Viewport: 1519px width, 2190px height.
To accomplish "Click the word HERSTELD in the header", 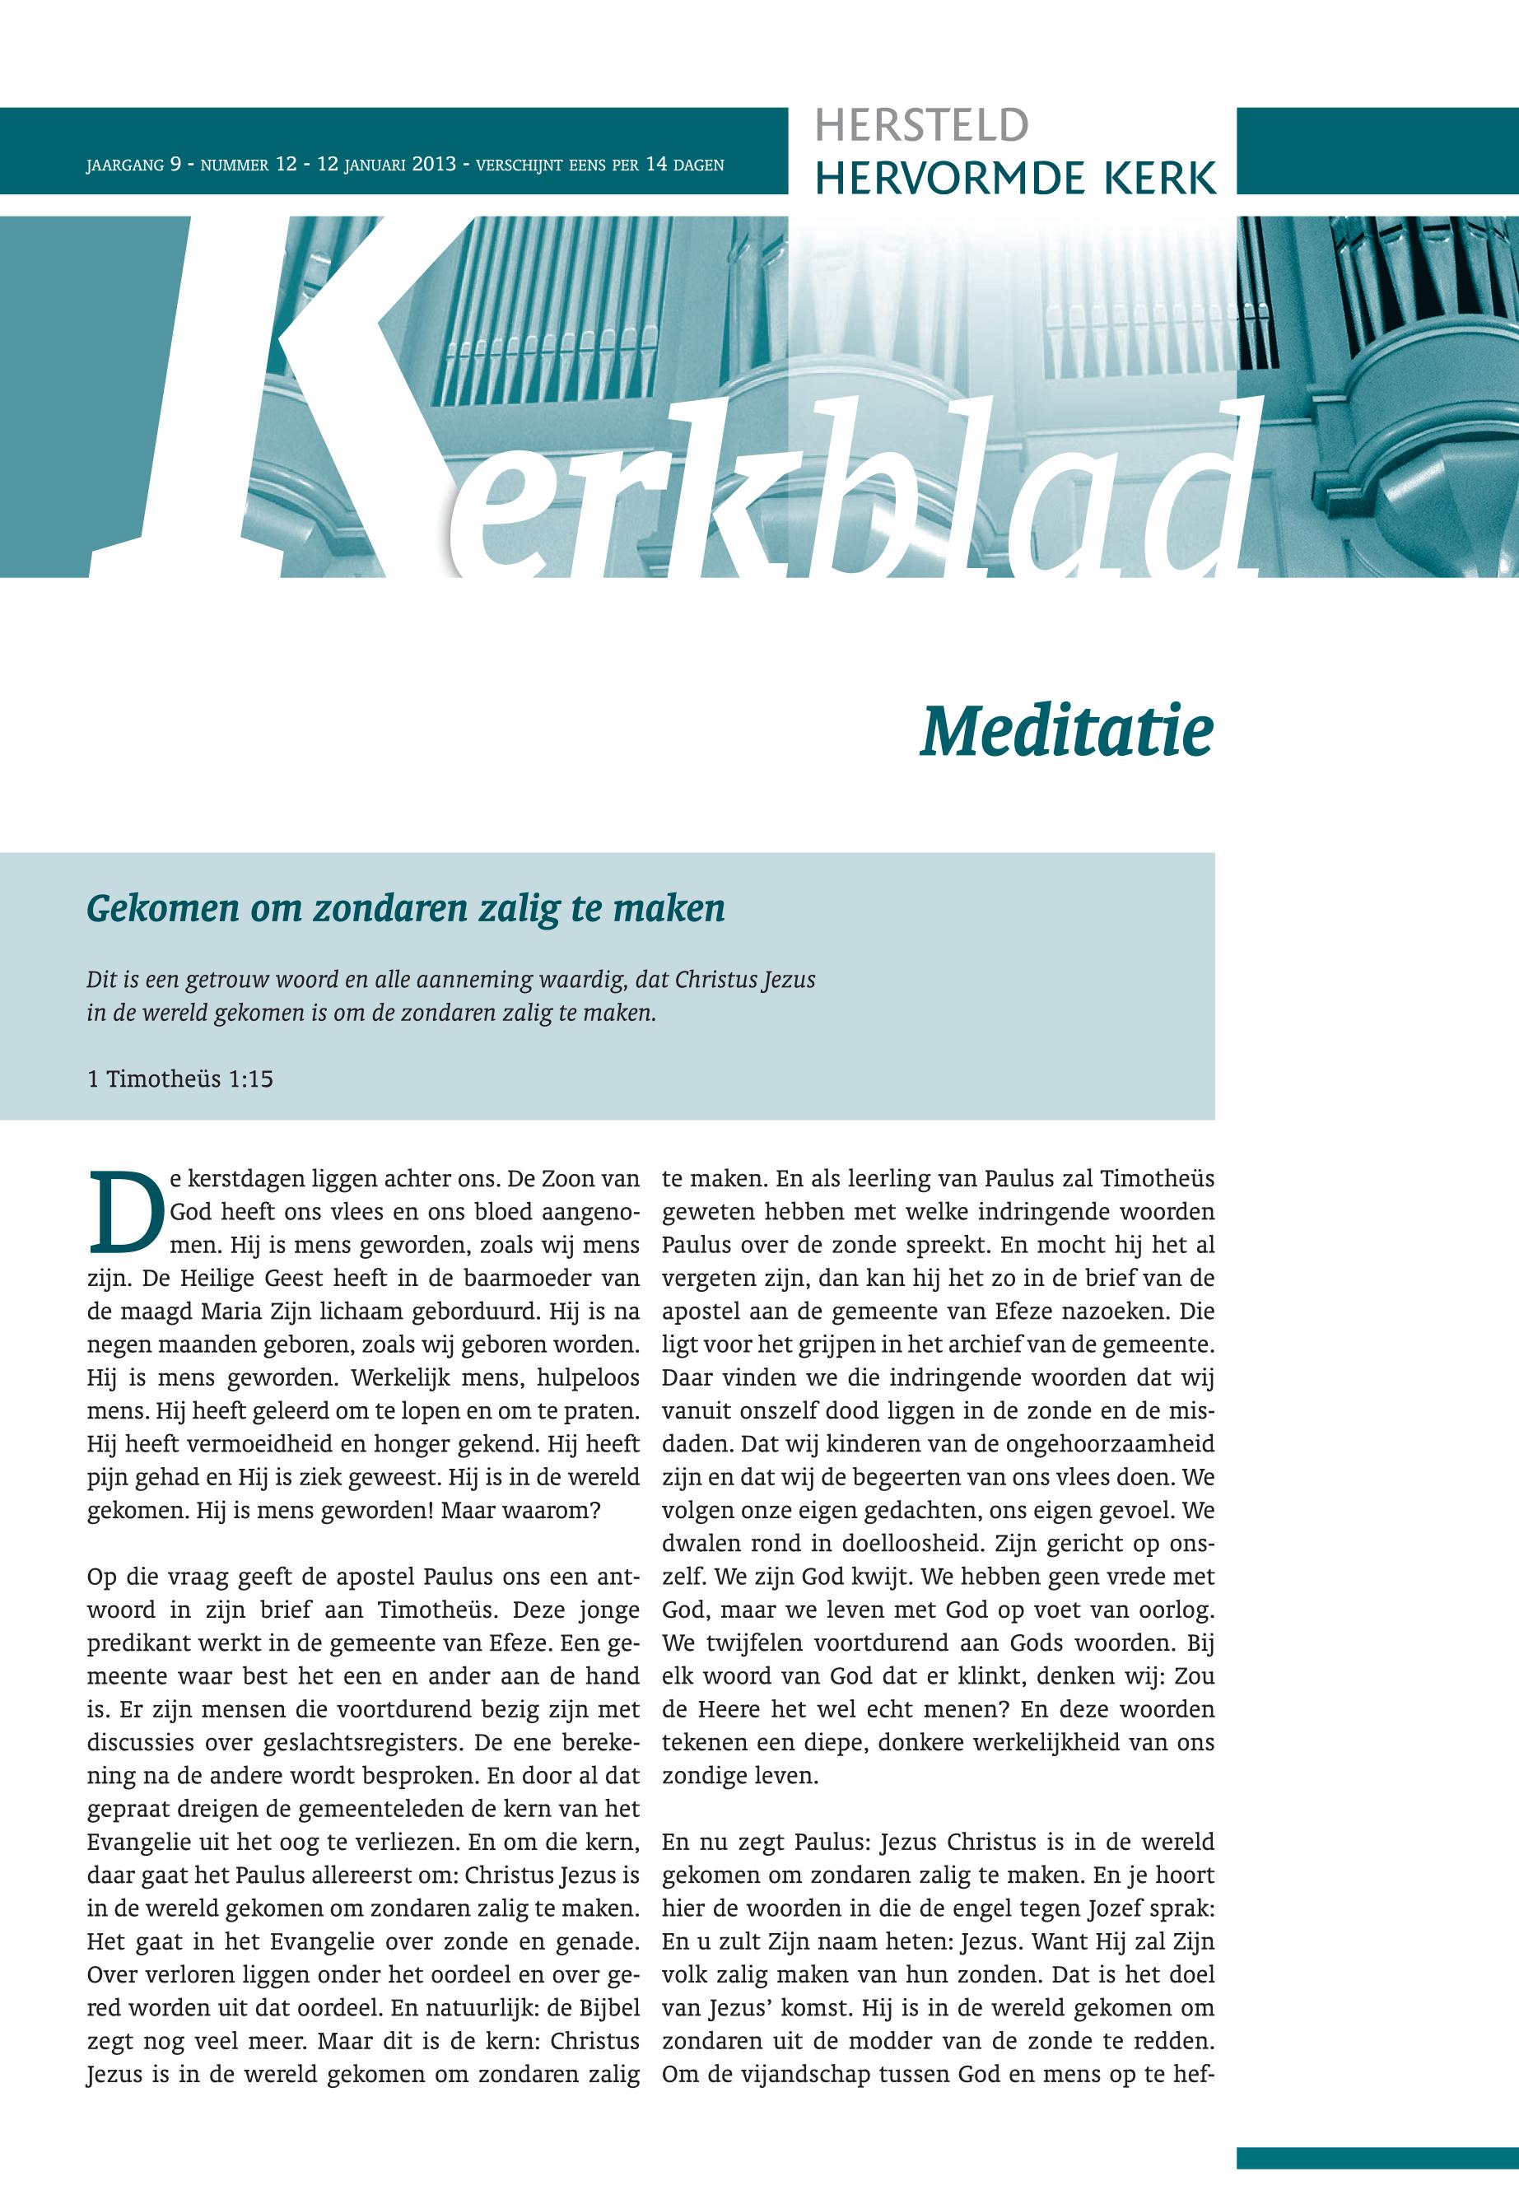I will pyautogui.click(x=921, y=126).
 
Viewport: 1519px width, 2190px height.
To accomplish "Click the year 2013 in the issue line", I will pyautogui.click(x=434, y=165).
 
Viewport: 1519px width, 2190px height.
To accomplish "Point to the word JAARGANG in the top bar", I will pyautogui.click(x=123, y=165).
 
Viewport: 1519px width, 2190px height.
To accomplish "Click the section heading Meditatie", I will pyautogui.click(x=1066, y=732).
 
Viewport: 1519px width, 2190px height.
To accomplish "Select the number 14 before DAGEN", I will pyautogui.click(x=655, y=165).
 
